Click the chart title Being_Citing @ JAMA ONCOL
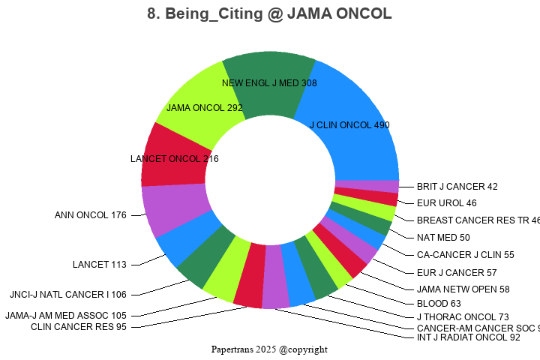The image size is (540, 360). pos(270,14)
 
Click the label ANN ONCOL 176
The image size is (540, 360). pos(91,215)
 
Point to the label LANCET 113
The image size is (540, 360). pos(100,264)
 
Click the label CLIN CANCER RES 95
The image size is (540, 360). pos(79,326)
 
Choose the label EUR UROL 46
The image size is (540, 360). pos(446,202)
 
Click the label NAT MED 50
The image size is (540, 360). pos(443,238)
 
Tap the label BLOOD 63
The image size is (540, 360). pos(439,304)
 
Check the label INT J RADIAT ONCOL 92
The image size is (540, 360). pos(468,337)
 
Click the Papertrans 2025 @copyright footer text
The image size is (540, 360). pos(269,349)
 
